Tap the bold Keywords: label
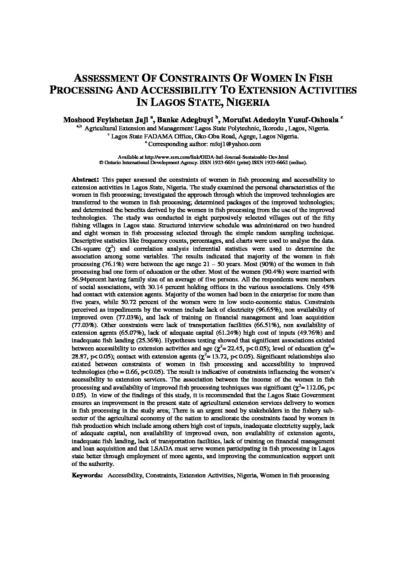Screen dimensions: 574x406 87,475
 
